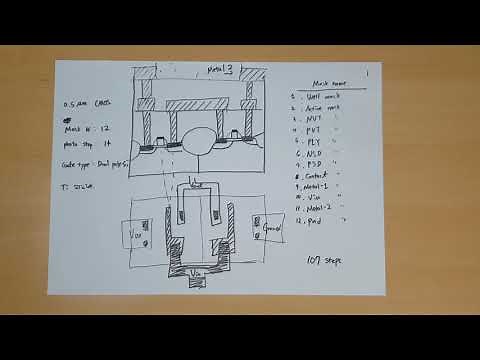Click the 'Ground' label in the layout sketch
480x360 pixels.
(272, 229)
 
